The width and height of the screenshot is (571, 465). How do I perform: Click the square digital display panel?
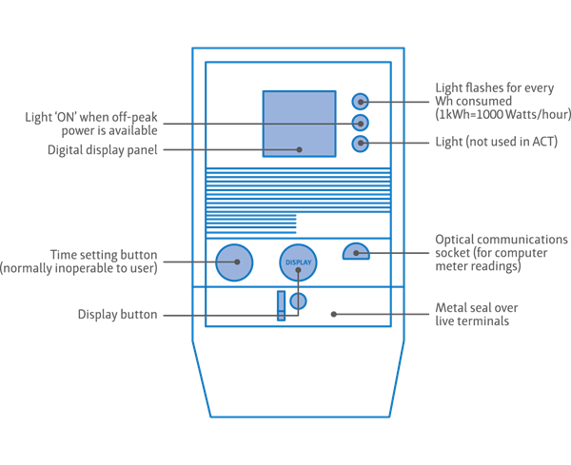pyautogui.click(x=298, y=123)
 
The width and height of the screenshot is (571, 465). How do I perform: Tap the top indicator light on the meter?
pyautogui.click(x=360, y=101)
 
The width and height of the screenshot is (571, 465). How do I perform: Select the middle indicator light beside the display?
pyautogui.click(x=360, y=123)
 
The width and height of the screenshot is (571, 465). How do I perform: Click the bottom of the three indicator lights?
pyautogui.click(x=360, y=144)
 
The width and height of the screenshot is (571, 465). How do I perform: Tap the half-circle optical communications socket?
pyautogui.click(x=355, y=252)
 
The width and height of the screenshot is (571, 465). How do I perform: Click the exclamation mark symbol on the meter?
pyautogui.click(x=281, y=306)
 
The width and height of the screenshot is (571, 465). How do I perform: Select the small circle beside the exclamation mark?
pyautogui.click(x=298, y=302)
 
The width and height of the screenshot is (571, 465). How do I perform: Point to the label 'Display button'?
pyautogui.click(x=118, y=315)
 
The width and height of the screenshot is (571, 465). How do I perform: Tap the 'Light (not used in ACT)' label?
pyautogui.click(x=495, y=143)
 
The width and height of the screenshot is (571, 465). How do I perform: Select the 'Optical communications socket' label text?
pyautogui.click(x=501, y=240)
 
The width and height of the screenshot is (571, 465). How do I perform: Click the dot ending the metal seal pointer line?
pyautogui.click(x=330, y=311)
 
